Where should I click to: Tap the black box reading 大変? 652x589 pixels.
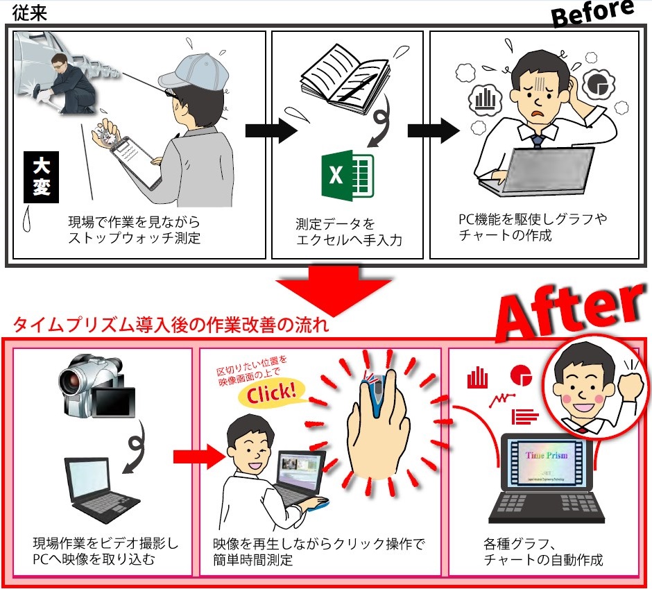[x=41, y=178]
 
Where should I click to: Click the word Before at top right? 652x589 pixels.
[x=593, y=14]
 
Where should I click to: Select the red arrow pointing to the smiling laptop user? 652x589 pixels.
[x=196, y=456]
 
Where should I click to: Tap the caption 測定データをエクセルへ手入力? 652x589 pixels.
[x=349, y=232]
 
